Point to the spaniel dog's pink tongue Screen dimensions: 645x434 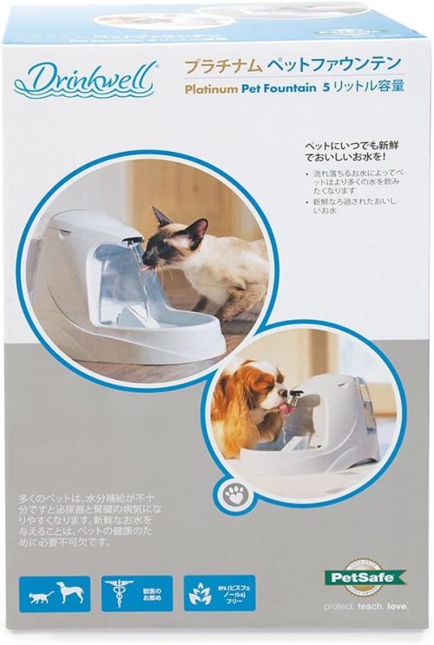pos(279,407)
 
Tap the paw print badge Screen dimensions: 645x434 pos(233,495)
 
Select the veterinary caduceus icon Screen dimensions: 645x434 pos(120,595)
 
